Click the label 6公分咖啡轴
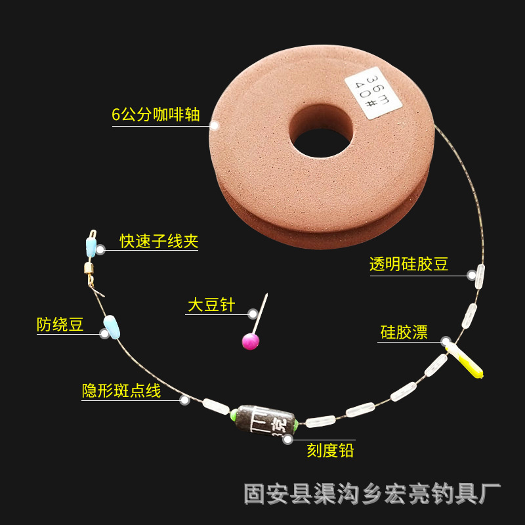(156, 114)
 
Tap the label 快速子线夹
(159, 241)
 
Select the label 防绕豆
(60, 324)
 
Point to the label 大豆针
(211, 305)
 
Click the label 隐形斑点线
(121, 391)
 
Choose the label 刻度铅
(330, 450)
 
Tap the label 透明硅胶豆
(409, 264)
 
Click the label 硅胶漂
(404, 332)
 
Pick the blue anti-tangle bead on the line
(112, 326)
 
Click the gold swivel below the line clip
(87, 268)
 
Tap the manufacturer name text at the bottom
(372, 493)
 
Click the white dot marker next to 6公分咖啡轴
(214, 124)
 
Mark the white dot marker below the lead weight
(287, 440)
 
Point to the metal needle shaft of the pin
(261, 312)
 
